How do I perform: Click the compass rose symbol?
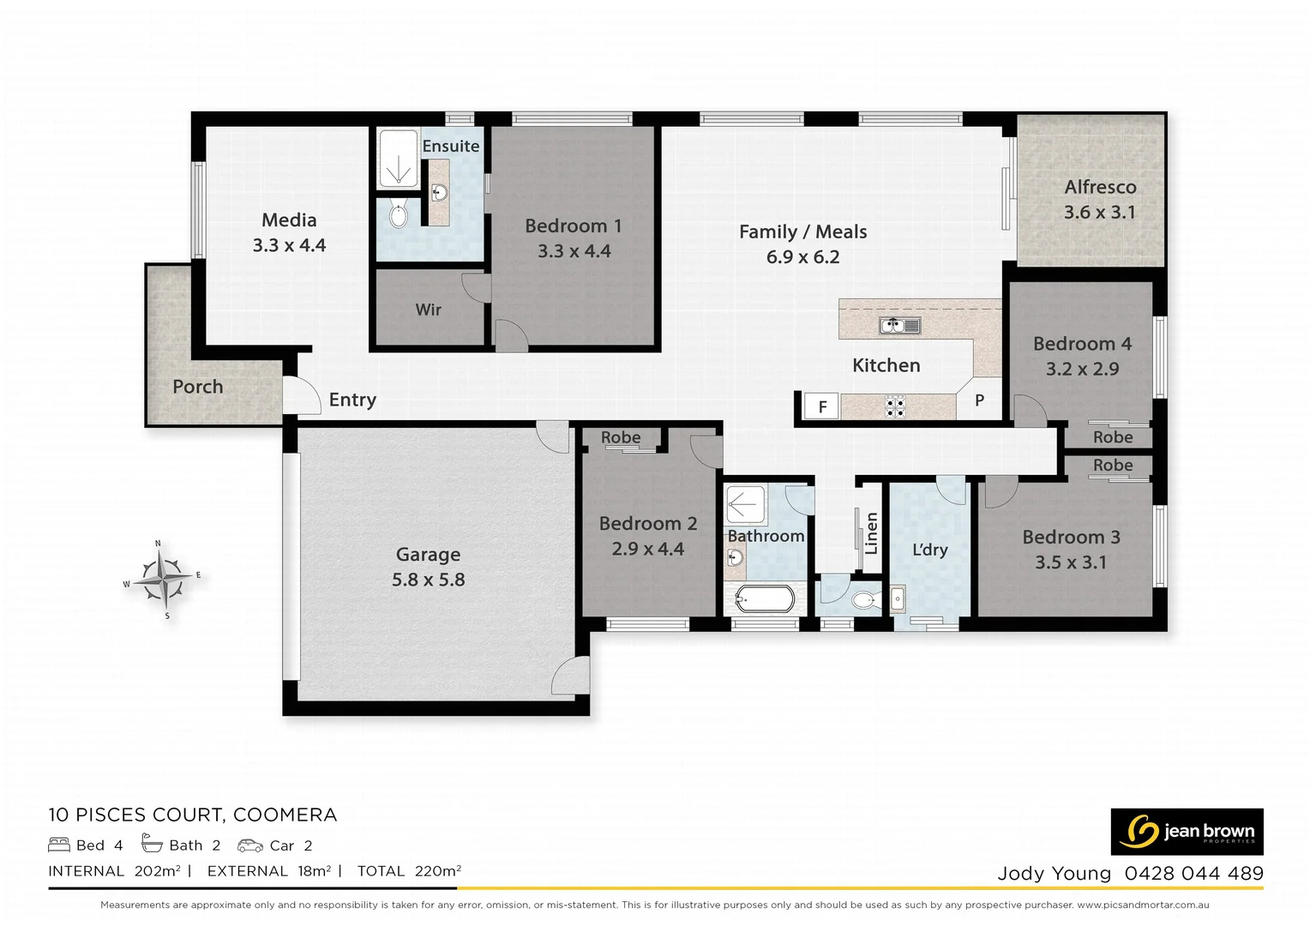(x=162, y=579)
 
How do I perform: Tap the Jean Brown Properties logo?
(x=1187, y=831)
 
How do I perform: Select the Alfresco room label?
(x=1100, y=187)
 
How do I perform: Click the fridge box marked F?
(x=822, y=406)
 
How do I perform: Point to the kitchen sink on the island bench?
(x=899, y=326)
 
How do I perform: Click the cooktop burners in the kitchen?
(x=895, y=406)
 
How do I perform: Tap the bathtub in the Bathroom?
(x=765, y=598)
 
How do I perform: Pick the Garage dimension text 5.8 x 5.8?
(x=428, y=580)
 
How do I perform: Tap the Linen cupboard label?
(x=871, y=533)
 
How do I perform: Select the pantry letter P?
(x=979, y=400)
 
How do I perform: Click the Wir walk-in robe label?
(x=428, y=310)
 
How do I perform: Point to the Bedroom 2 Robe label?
(x=620, y=437)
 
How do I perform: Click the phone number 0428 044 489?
(x=1193, y=874)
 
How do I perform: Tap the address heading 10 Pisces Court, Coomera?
(x=193, y=815)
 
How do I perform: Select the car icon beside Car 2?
(x=250, y=845)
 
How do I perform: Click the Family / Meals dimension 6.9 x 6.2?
(x=802, y=257)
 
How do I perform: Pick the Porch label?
(x=197, y=387)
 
